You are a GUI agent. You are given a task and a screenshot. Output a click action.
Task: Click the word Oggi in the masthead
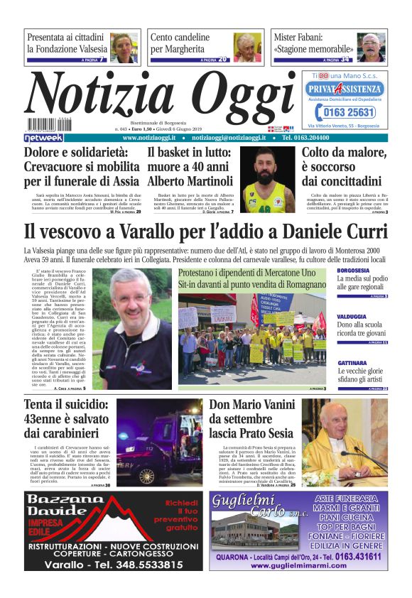[234, 97]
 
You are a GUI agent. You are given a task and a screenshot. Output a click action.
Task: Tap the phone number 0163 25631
[345, 112]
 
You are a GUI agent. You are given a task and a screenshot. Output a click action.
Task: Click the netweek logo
[43, 138]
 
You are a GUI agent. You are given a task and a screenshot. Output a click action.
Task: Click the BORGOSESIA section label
[353, 271]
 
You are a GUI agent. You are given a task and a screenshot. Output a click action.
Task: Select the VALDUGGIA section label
[352, 317]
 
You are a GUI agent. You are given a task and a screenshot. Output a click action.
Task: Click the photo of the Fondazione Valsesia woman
[124, 48]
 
